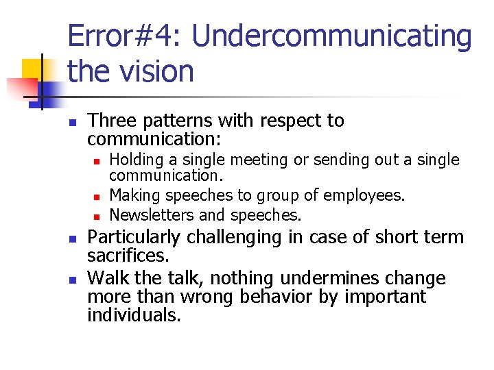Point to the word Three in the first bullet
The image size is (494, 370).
(x=114, y=121)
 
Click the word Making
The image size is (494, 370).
(x=132, y=196)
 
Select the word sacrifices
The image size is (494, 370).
(x=127, y=256)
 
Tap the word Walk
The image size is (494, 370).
(x=108, y=278)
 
